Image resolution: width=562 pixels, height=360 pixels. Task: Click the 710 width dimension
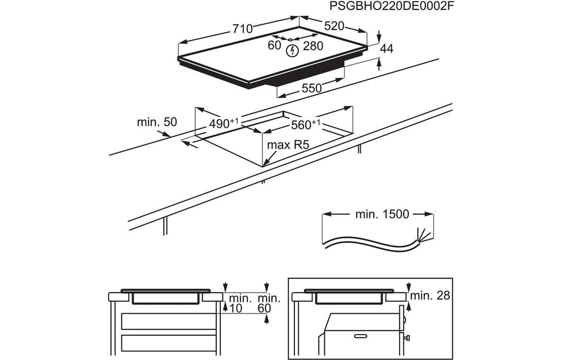(x=243, y=29)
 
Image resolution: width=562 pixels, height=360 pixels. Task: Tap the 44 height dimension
(x=386, y=49)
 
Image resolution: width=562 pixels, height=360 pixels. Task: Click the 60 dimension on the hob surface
(x=274, y=46)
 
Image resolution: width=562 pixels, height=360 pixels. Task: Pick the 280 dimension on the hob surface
(x=313, y=46)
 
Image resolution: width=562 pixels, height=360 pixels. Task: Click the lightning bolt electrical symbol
(x=291, y=52)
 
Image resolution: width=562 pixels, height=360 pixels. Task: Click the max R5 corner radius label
(x=288, y=145)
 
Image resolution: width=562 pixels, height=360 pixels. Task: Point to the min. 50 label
(x=156, y=122)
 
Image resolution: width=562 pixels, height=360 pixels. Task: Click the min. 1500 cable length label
(x=382, y=214)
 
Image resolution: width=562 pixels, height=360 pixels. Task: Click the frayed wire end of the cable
(x=420, y=235)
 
